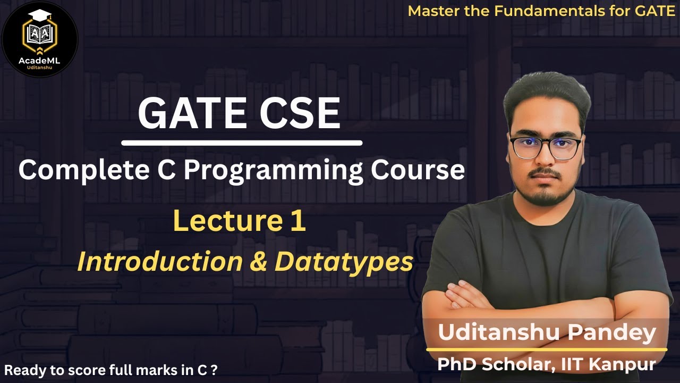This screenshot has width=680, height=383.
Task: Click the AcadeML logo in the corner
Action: (x=40, y=39)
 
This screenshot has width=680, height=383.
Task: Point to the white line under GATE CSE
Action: (x=242, y=143)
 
